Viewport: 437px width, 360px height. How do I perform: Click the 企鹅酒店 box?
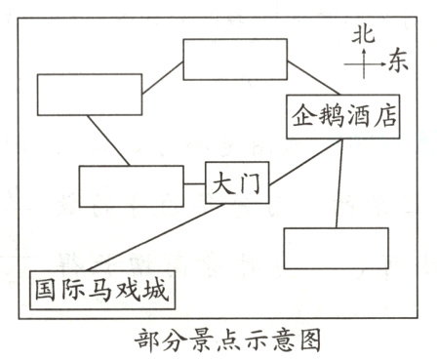(x=343, y=115)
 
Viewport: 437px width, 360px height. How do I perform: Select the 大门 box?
(x=237, y=182)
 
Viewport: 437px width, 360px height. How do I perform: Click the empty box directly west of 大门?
(x=132, y=185)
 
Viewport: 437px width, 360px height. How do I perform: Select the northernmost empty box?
(x=235, y=60)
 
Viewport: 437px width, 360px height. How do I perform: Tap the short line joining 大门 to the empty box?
(x=195, y=182)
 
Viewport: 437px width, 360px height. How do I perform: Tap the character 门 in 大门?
(x=250, y=182)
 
